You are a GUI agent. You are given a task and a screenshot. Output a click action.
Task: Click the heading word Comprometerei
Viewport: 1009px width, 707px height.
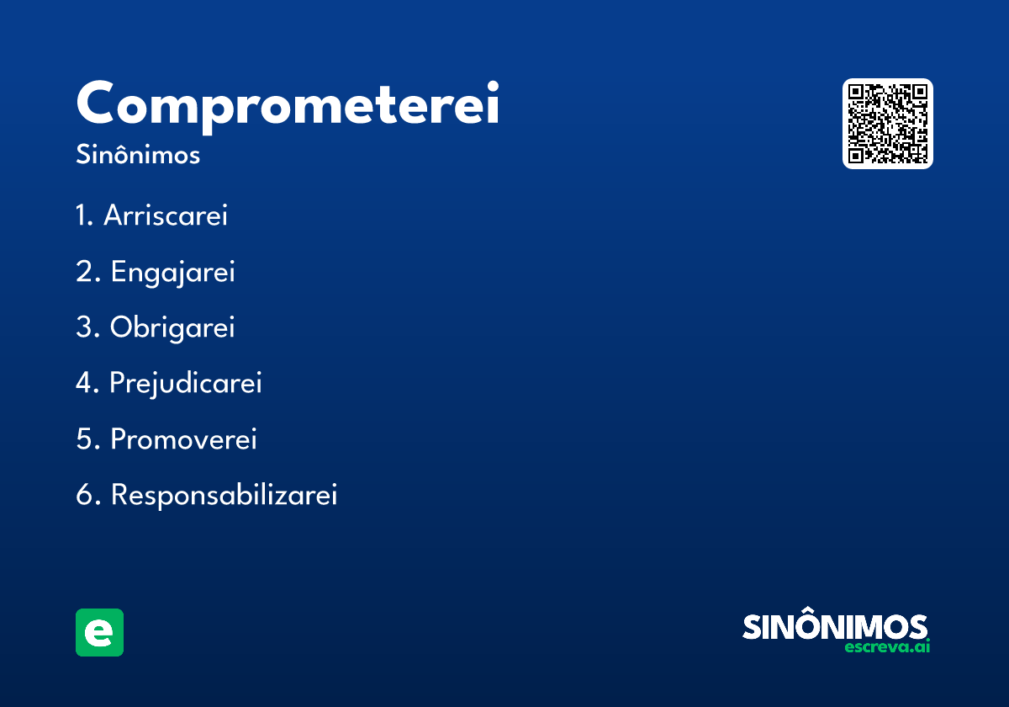point(288,104)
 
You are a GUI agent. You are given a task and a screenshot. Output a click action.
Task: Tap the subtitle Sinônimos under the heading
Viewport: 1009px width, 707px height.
point(138,156)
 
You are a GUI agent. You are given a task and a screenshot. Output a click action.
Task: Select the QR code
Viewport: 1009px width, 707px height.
point(888,124)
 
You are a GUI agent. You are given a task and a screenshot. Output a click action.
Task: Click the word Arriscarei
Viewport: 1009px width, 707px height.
point(166,215)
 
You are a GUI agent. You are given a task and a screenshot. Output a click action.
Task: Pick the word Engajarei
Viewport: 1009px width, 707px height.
point(172,272)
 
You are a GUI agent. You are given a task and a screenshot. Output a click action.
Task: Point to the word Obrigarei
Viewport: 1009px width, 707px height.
point(172,327)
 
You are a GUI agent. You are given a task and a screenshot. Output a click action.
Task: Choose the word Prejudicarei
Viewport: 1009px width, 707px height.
point(186,383)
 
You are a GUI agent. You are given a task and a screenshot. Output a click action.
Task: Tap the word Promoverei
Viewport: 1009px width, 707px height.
point(183,439)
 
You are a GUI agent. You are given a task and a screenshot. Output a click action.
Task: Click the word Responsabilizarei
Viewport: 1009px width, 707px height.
point(224,495)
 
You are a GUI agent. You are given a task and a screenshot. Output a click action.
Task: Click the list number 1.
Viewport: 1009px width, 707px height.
point(82,215)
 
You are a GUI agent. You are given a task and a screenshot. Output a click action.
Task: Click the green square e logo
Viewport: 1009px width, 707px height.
point(99,632)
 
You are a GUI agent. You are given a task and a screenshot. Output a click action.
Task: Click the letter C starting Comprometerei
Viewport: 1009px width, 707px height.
point(98,104)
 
